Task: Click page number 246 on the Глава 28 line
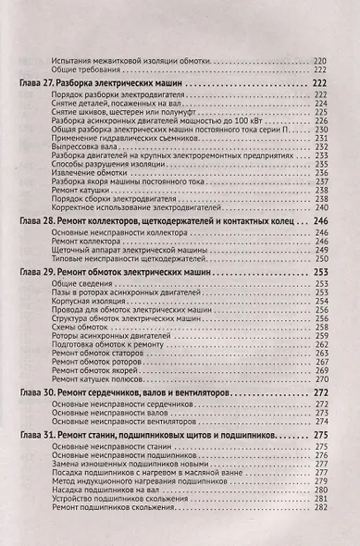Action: point(321,223)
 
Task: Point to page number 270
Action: point(321,379)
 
